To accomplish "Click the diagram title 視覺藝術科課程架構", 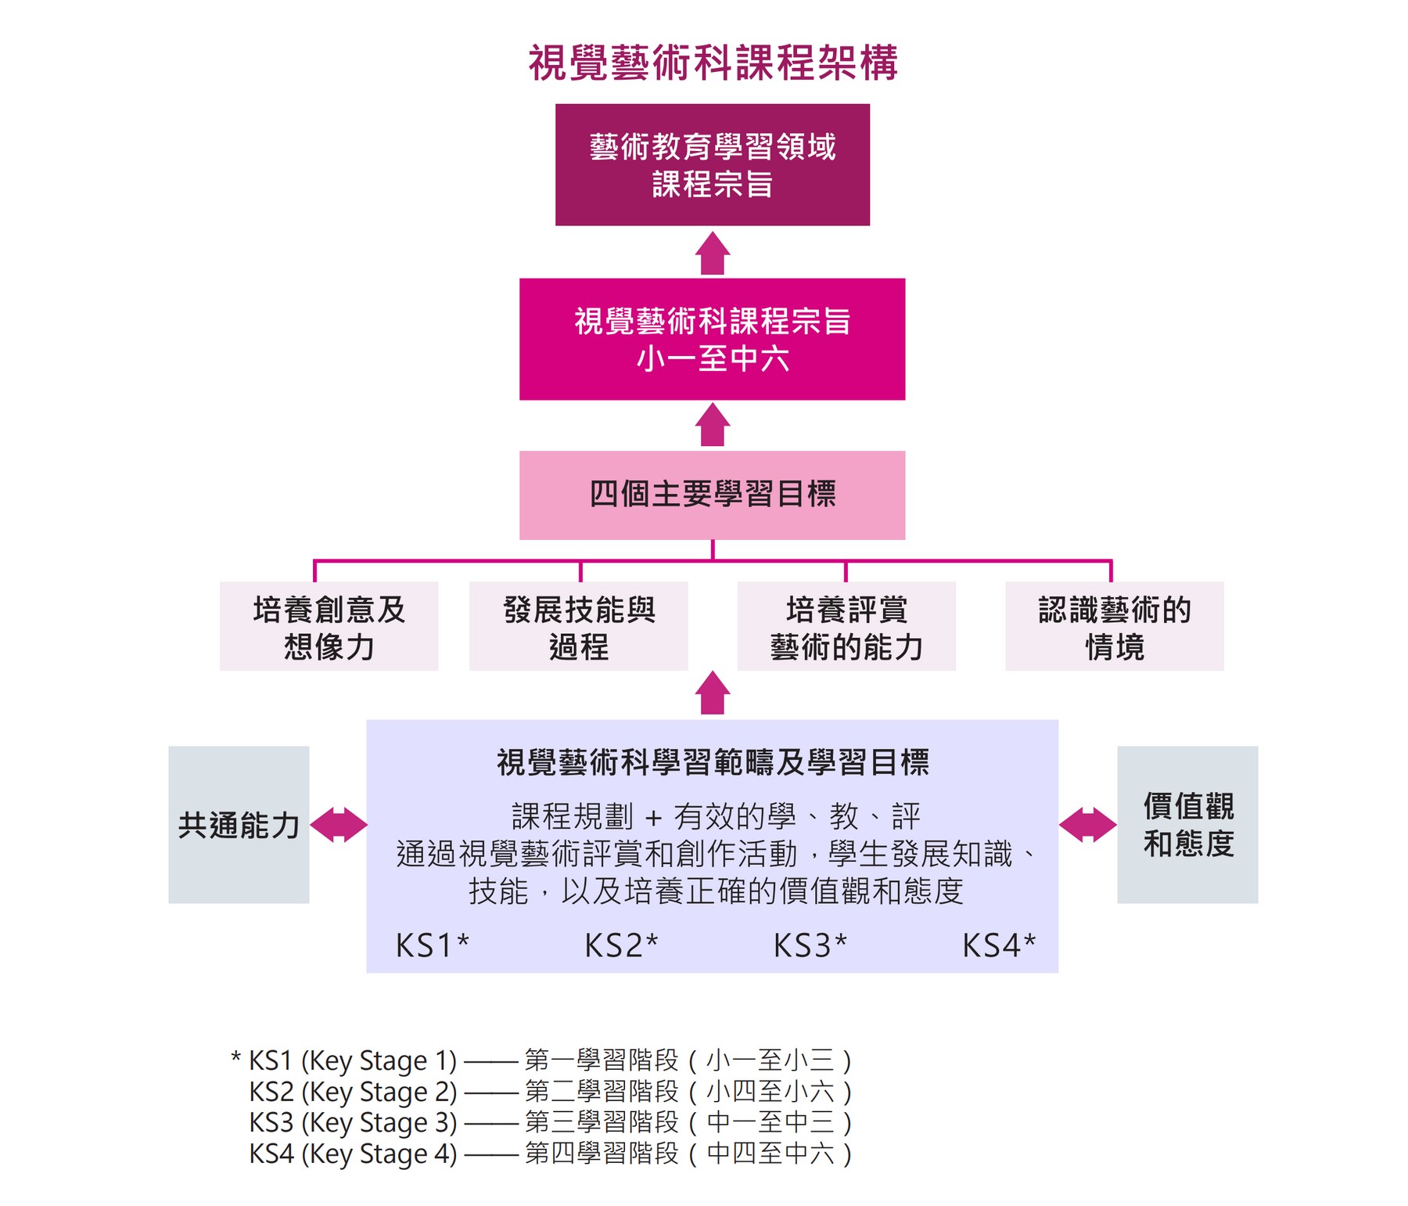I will coord(713,63).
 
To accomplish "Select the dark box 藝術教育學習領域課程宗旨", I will coord(713,165).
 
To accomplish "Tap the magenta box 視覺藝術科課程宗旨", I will coord(713,339).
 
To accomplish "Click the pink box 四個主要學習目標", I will coord(713,495).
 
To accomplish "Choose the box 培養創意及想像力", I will coord(329,626).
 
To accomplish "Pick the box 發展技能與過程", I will coord(579,626).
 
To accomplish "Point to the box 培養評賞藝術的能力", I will coord(846,626).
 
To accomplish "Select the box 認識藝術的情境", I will coord(1115,626).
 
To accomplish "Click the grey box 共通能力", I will coord(239,825).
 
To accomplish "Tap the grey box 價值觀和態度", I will coord(1187,825).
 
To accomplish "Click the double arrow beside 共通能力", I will coord(339,825).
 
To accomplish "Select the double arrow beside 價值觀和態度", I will coord(1087,825).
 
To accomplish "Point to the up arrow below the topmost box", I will coord(713,254).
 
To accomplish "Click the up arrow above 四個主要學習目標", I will coord(713,425).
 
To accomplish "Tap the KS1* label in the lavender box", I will coord(433,945).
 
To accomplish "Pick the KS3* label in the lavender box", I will coord(810,945).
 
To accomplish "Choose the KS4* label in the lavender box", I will coord(999,945).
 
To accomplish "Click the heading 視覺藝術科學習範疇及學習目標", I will coord(713,762).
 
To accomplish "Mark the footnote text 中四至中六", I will coord(770,1154).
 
